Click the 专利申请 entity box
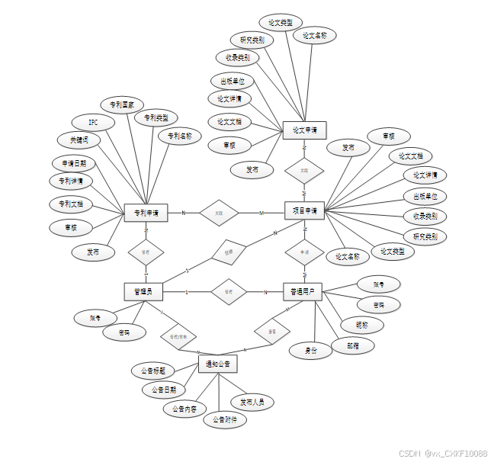[x=146, y=213]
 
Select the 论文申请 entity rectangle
[x=304, y=130]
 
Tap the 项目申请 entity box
[x=305, y=210]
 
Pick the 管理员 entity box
[x=143, y=291]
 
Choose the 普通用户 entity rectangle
[x=303, y=291]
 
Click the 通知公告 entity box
[x=217, y=364]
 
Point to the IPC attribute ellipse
[x=93, y=122]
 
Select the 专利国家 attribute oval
[x=122, y=104]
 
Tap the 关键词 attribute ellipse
[x=79, y=140]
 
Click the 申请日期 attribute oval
[x=74, y=163]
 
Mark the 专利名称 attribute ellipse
[x=180, y=136]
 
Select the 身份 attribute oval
[x=311, y=351]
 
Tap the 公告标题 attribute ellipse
[x=153, y=371]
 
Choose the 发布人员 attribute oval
[x=252, y=402]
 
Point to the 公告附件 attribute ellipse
[x=225, y=420]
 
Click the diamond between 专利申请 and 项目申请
[x=219, y=213]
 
